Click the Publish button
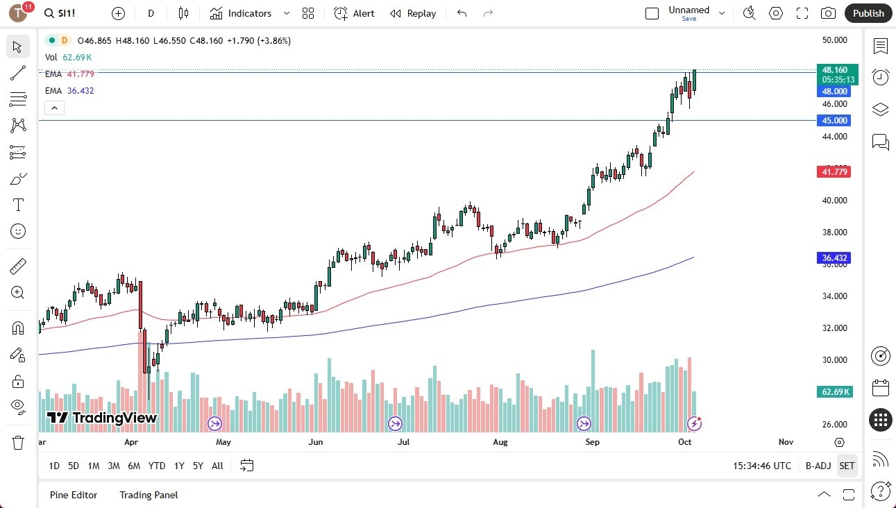(868, 13)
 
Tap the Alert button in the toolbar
(354, 13)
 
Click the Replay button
(413, 13)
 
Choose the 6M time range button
(135, 466)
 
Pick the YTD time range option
(157, 466)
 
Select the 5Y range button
(198, 466)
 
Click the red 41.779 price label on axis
(835, 171)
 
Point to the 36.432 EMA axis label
(835, 257)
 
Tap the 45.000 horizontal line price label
(835, 120)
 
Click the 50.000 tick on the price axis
(834, 40)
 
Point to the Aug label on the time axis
(500, 442)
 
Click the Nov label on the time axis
(786, 442)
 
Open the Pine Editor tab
(74, 495)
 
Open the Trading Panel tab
(149, 495)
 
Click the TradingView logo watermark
(102, 418)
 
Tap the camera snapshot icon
(828, 13)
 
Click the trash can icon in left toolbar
(18, 442)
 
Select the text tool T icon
(18, 205)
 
